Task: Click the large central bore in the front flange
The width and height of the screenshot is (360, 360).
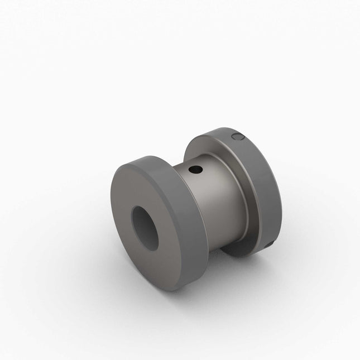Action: (145, 228)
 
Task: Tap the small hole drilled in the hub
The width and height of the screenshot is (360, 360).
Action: (195, 169)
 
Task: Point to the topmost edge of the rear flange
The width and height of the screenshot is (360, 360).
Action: (223, 129)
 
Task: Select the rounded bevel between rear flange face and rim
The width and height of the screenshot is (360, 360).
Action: (254, 167)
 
